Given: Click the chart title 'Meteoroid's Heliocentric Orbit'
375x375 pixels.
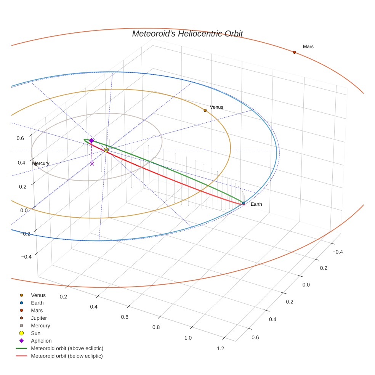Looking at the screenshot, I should [187, 34].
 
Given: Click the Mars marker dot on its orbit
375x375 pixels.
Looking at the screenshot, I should [294, 52].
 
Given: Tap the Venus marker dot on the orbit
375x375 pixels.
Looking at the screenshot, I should [205, 110].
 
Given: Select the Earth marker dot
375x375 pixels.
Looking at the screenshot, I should [244, 203].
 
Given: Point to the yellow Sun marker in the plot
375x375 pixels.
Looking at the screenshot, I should [106, 150].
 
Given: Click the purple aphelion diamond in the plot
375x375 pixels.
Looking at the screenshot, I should [91, 141].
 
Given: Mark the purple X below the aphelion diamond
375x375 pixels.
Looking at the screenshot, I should [92, 163].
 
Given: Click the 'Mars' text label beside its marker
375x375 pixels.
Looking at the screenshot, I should [308, 46].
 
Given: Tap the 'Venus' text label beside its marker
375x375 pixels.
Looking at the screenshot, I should [216, 107].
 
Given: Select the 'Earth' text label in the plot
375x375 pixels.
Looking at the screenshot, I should [256, 204].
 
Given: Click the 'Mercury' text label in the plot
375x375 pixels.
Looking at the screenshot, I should [41, 163].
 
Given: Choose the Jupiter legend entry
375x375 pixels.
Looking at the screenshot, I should [38, 318].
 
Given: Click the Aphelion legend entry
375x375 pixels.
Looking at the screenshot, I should [41, 341].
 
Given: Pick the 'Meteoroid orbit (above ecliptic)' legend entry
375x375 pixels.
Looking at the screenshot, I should [67, 348].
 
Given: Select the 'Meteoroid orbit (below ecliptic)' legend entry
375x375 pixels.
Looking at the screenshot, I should [67, 356].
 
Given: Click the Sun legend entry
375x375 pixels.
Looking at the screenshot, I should [35, 333].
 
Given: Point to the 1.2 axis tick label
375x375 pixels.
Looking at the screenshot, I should [220, 348].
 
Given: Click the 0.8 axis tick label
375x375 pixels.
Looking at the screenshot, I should [156, 327].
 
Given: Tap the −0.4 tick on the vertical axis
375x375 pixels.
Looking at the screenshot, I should [26, 257].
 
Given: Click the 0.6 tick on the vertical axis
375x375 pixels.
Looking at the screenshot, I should [20, 138].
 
